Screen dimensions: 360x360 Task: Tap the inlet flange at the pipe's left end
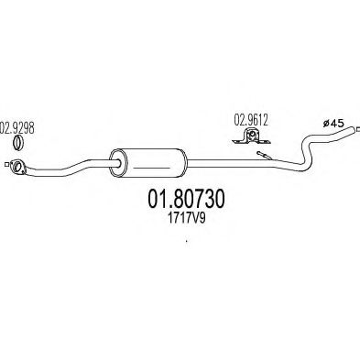click(16, 166)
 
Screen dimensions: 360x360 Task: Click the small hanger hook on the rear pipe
click(263, 157)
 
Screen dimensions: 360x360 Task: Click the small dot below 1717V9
click(187, 243)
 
